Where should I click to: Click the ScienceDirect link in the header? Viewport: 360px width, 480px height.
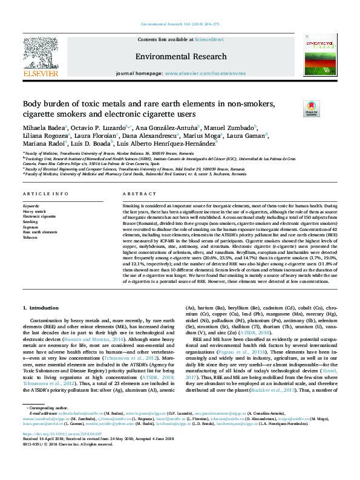pos(209,39)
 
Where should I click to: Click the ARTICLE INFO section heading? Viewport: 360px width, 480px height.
pos(45,194)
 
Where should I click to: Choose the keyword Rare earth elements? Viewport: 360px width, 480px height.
pos(41,232)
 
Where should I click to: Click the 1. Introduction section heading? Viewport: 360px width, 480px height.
pos(45,308)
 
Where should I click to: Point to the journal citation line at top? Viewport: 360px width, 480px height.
pos(180,23)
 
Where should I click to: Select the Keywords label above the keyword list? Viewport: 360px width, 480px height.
pos(31,206)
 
